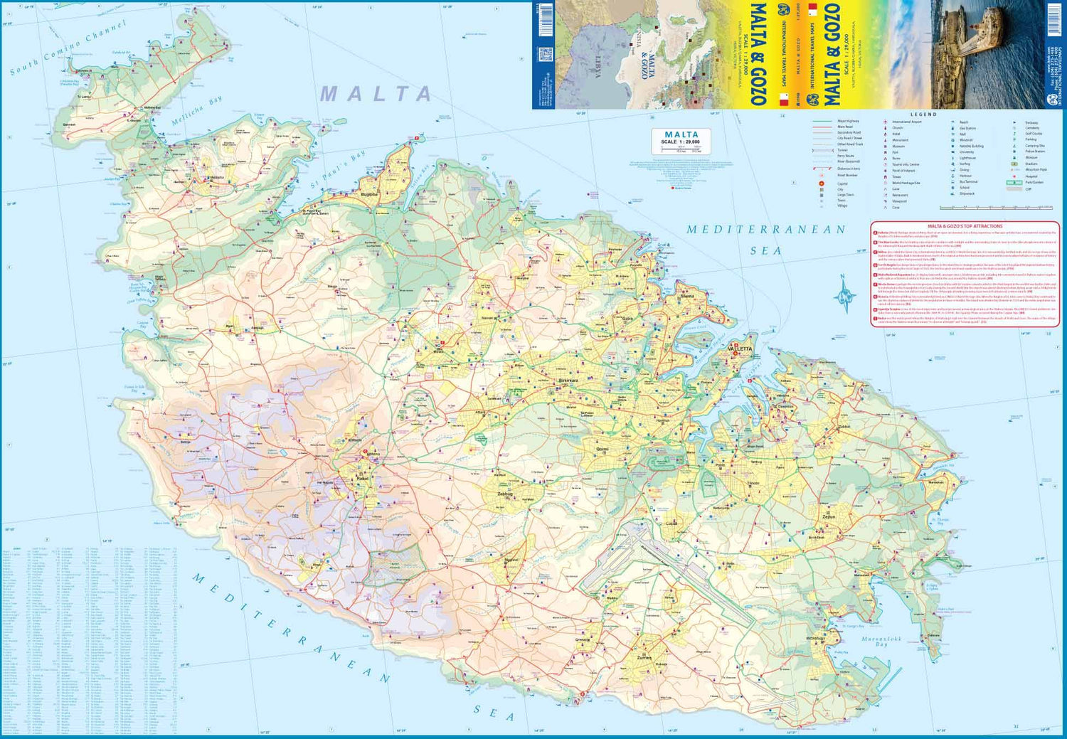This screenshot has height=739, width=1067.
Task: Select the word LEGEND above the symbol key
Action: pyautogui.click(x=924, y=115)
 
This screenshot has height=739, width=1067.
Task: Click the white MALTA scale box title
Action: pyautogui.click(x=681, y=134)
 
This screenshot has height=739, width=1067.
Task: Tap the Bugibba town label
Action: pyautogui.click(x=369, y=193)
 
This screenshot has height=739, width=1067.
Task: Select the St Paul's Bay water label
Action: pyautogui.click(x=338, y=171)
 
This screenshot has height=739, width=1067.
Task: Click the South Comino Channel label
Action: pyautogui.click(x=68, y=48)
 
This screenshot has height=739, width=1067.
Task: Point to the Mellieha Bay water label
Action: pyautogui.click(x=197, y=111)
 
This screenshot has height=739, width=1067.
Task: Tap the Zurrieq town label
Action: pyautogui.click(x=644, y=658)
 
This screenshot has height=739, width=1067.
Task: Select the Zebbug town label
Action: pyautogui.click(x=505, y=493)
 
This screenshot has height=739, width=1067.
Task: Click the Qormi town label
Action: pyautogui.click(x=602, y=449)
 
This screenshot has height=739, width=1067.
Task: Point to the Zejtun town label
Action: pyautogui.click(x=828, y=517)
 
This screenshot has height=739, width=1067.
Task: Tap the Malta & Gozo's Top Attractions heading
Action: pyautogui.click(x=965, y=226)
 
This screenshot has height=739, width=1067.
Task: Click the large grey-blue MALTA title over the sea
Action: pyautogui.click(x=376, y=94)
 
